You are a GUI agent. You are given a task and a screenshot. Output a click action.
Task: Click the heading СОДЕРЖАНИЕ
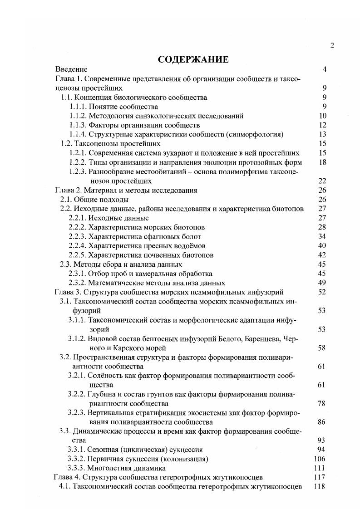(193, 59)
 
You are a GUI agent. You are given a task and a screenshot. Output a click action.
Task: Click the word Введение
(71, 69)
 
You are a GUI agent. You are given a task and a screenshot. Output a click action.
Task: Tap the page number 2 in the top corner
(332, 45)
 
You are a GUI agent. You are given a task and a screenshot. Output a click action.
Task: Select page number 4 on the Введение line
(324, 69)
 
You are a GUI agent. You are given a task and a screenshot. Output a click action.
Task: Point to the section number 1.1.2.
(78, 116)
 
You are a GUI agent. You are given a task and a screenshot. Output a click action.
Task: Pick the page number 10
(323, 116)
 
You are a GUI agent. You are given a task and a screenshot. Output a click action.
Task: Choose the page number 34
(322, 236)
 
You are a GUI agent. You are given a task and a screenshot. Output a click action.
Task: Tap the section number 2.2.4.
(77, 245)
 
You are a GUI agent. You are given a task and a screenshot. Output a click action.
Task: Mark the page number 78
(322, 403)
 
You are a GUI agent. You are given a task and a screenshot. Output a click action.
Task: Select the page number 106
(320, 459)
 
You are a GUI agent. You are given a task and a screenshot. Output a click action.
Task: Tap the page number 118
(320, 486)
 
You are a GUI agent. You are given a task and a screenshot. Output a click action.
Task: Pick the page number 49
(322, 283)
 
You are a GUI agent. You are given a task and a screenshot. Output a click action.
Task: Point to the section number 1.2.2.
(78, 162)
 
